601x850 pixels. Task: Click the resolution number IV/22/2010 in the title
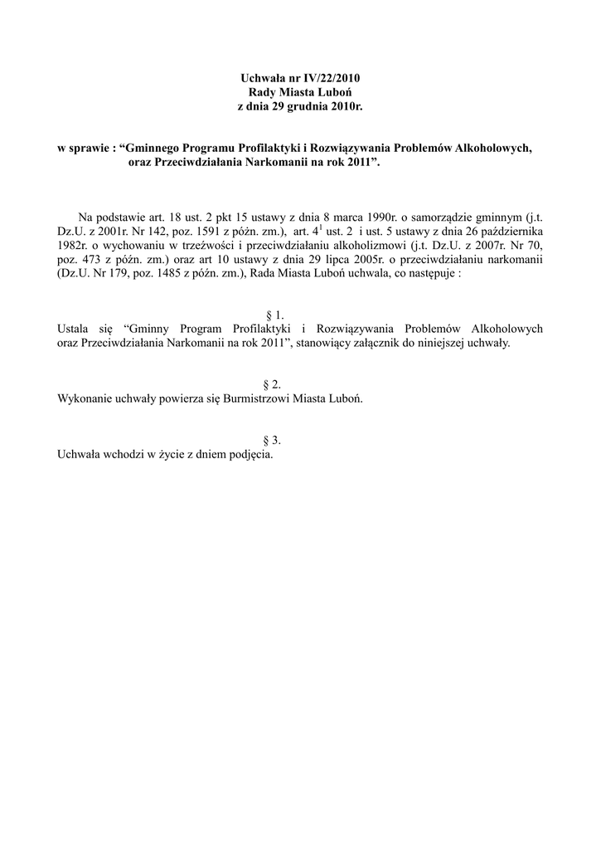(x=330, y=77)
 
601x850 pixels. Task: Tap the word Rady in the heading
(x=263, y=92)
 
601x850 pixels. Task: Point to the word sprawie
(x=85, y=149)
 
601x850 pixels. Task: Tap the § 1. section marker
(x=275, y=315)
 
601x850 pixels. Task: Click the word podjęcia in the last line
(x=250, y=455)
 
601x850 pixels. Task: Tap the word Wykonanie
(x=83, y=398)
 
